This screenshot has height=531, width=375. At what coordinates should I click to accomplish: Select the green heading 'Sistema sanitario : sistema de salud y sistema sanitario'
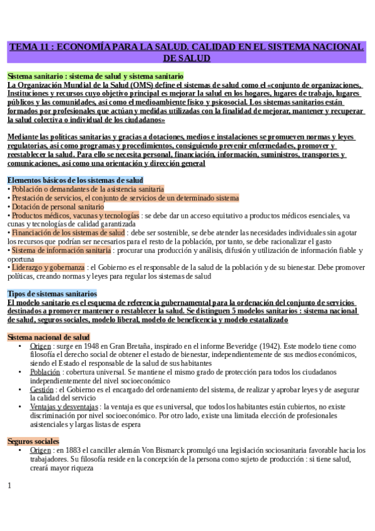[95, 76]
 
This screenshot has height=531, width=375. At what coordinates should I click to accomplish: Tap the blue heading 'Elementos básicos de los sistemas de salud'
[75, 180]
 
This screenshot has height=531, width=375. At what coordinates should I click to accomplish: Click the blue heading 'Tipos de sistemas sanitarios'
[52, 293]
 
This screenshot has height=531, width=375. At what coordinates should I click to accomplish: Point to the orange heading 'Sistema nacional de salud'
[48, 337]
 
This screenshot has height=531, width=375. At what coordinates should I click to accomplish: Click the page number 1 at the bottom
[9, 485]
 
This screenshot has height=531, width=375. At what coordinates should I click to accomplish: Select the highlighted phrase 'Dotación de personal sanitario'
[57, 207]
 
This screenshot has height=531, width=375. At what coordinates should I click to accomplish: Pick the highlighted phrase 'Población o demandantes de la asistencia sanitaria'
[87, 188]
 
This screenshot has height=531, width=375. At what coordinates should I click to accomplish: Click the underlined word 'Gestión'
[41, 389]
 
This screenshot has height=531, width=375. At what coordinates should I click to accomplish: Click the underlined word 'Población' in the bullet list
[44, 371]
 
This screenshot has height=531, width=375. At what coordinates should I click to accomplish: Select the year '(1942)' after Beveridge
[255, 346]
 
